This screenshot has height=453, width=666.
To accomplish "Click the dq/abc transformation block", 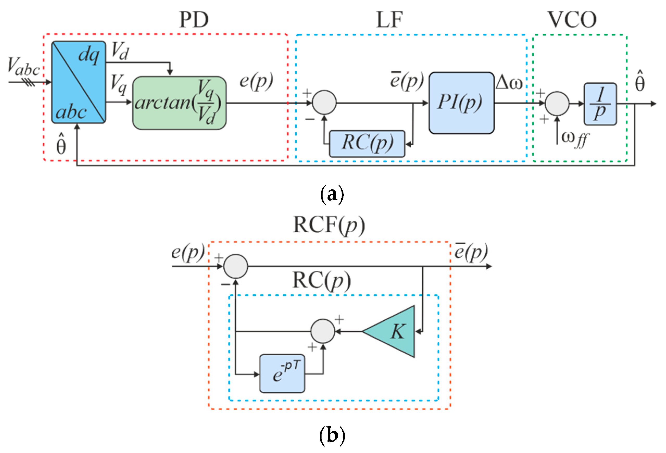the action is pos(79,82).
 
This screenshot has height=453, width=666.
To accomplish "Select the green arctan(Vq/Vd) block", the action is pos(179,103).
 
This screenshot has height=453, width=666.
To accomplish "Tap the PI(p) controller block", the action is pos(461,103).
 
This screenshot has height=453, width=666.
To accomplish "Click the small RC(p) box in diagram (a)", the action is pos(367,144).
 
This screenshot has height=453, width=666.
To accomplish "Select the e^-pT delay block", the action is pos(282,374).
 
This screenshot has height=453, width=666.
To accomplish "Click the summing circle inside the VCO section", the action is pos(557,103).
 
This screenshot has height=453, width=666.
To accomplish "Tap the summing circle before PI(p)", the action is pos(324,102).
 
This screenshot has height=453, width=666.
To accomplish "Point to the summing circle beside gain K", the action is pos(323,331).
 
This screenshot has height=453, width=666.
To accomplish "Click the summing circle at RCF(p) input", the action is pos(236,266).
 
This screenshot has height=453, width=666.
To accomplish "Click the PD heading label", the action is pos(194,20).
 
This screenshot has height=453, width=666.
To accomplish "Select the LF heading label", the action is pos(389,20).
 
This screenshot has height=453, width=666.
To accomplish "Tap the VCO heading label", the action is pos(572,20).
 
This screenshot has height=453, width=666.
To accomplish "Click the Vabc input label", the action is pos(23,66).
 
